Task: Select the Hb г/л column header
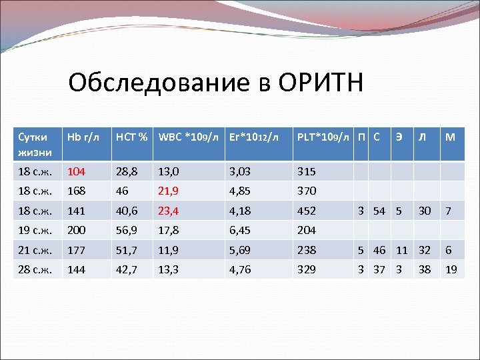coord(83,138)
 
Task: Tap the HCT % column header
coord(131,138)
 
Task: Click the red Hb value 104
coord(75,171)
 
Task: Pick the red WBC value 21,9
coord(169,191)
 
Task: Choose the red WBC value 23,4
coord(169,211)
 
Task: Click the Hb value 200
coord(75,231)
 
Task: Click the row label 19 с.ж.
coord(33,231)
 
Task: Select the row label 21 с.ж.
coord(33,251)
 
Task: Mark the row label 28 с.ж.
coord(33,271)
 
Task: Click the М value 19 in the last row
coord(451,271)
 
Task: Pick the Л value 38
coord(423,271)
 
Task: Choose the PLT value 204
coord(307,231)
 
